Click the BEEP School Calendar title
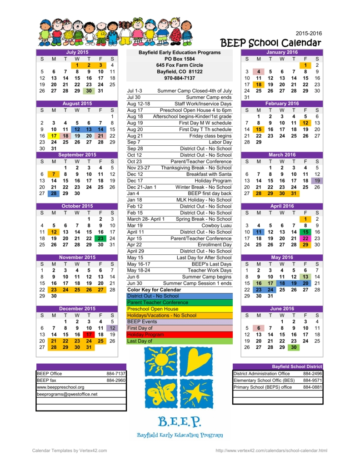270,43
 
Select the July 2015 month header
77,53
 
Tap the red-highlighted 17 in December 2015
89,335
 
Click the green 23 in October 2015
100,238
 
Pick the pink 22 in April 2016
305,238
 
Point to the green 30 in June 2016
294,347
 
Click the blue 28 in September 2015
54,193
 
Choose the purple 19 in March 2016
317,181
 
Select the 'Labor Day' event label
220,142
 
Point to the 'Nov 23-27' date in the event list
138,168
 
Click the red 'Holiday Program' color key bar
179,335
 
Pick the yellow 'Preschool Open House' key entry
179,309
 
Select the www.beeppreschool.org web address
60,387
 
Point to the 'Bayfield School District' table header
297,366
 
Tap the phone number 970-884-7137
179,78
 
